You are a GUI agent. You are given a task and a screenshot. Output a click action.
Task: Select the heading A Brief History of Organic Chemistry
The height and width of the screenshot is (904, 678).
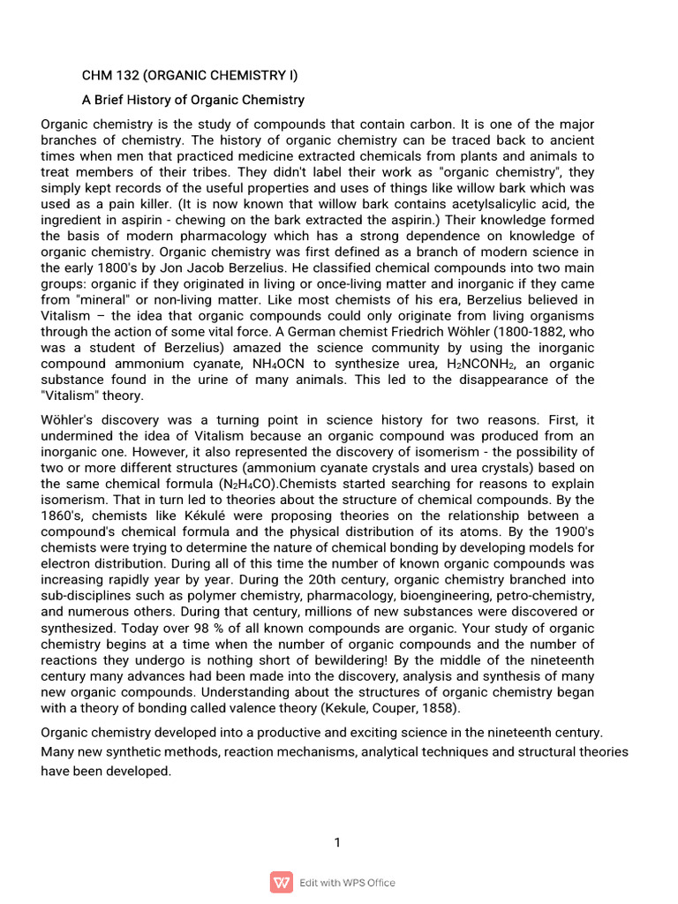coord(193,100)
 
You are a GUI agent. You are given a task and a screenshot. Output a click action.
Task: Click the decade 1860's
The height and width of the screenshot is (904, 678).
coord(65,516)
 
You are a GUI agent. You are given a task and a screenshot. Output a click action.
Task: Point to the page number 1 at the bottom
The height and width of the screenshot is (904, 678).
coord(337,842)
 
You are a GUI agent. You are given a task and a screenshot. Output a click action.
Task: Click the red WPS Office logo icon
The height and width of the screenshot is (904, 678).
coord(282,882)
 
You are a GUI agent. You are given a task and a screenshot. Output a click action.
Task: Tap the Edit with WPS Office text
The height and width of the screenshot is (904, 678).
coord(347,883)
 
